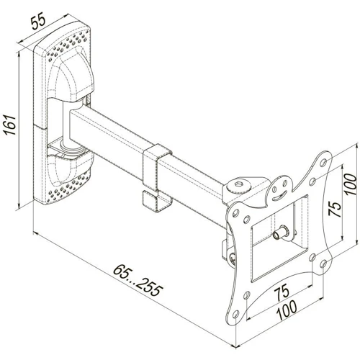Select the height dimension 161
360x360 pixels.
point(10,125)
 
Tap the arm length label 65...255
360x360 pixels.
point(138,280)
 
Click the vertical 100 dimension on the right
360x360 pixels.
point(351,184)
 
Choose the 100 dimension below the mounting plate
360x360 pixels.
point(287,310)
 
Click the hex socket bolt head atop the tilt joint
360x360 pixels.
point(239,185)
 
